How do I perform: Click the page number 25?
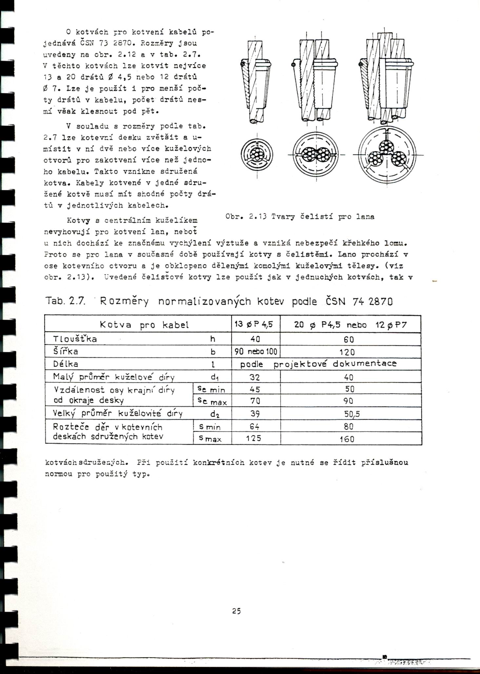[x=236, y=611]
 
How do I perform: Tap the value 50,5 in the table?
[x=352, y=414]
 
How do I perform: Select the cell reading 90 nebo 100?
[x=256, y=352]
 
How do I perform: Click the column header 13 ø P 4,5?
[x=256, y=324]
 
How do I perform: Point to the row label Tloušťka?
[x=75, y=339]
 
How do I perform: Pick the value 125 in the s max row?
[x=254, y=438]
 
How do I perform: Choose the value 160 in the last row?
[x=347, y=439]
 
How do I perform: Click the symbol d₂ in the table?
[x=215, y=414]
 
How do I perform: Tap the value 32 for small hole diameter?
[x=255, y=377]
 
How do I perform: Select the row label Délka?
[x=66, y=364]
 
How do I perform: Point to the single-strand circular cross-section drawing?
[x=257, y=155]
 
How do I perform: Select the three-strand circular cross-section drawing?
[x=387, y=155]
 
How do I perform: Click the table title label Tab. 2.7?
[x=65, y=301]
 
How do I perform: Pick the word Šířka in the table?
[x=66, y=352]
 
